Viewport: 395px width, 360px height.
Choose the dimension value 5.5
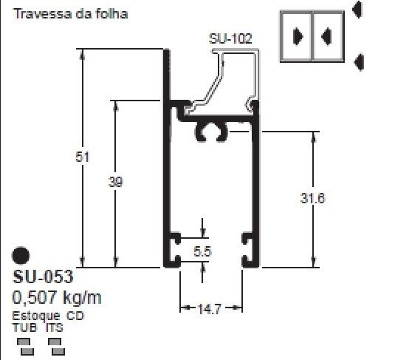pos(203,252)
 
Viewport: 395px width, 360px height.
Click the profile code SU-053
pos(43,277)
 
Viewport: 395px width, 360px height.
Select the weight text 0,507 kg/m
pos(57,298)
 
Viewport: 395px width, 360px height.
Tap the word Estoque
pos(36,316)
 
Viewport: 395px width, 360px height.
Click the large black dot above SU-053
pos(21,255)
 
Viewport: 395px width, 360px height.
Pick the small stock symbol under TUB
pos(24,344)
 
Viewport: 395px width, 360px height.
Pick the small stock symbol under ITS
pos(54,344)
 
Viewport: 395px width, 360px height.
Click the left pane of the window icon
pos(298,35)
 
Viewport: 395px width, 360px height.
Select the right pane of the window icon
pos(328,35)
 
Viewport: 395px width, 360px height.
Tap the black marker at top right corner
pos(358,9)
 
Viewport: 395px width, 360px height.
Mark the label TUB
pos(23,326)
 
